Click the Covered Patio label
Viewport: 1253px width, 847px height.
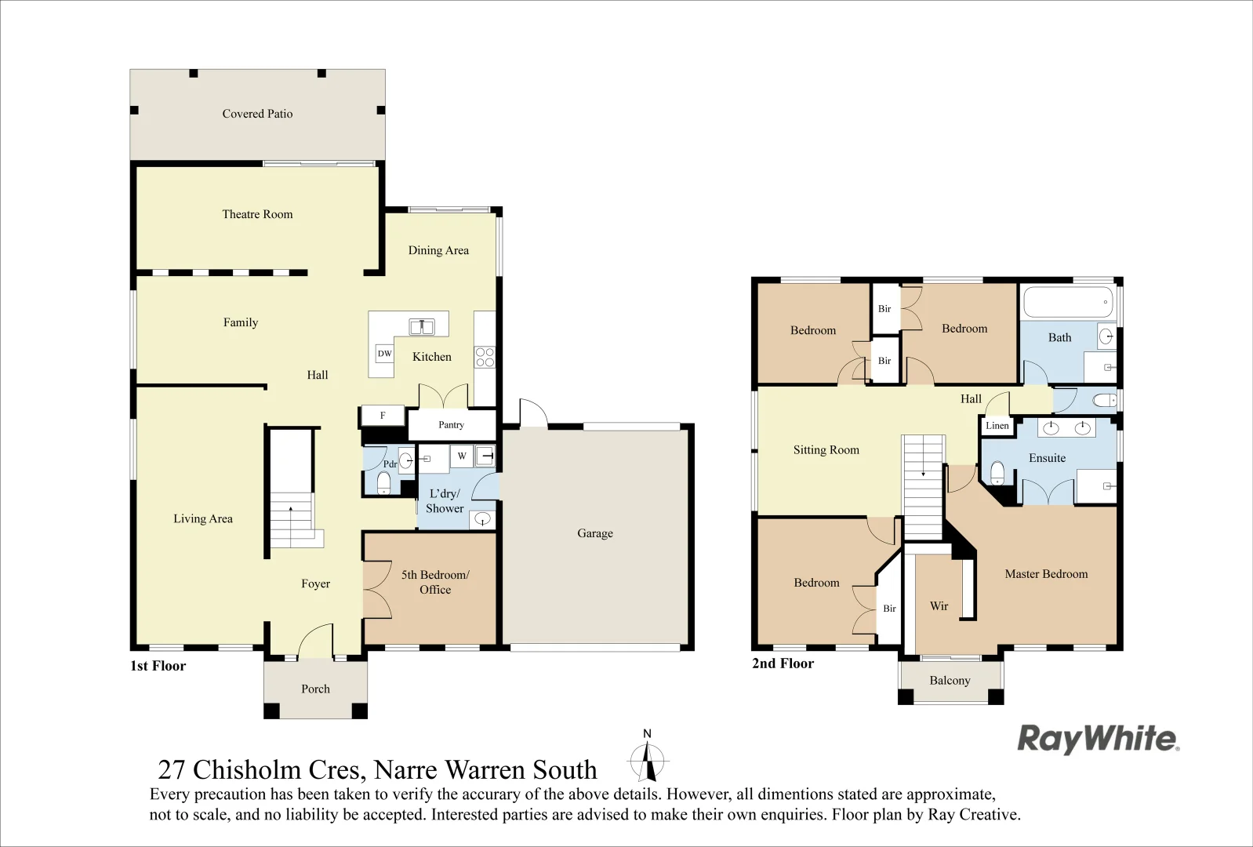click(257, 114)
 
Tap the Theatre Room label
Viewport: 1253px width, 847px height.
click(257, 213)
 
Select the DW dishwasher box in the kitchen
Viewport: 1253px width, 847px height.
click(384, 354)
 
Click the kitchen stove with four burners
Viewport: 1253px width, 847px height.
click(485, 357)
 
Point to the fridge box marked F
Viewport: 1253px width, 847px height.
click(383, 415)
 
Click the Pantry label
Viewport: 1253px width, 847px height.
click(452, 424)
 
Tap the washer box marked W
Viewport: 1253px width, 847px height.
click(462, 456)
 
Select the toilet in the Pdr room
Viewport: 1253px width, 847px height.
click(383, 483)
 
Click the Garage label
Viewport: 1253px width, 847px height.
click(595, 533)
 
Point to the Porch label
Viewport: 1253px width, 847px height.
click(315, 689)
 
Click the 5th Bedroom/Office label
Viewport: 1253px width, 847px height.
click(435, 582)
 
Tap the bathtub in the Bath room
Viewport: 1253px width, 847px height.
click(1068, 302)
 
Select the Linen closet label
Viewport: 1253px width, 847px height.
click(997, 426)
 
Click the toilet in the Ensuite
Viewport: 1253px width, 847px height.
click(997, 473)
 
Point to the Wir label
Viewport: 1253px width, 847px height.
click(939, 606)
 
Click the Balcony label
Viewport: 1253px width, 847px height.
click(950, 680)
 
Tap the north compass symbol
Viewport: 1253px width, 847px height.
click(648, 758)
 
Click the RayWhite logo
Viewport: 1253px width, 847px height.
click(1099, 739)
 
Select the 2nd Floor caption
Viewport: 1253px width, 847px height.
click(783, 663)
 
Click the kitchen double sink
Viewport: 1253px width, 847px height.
click(422, 326)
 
